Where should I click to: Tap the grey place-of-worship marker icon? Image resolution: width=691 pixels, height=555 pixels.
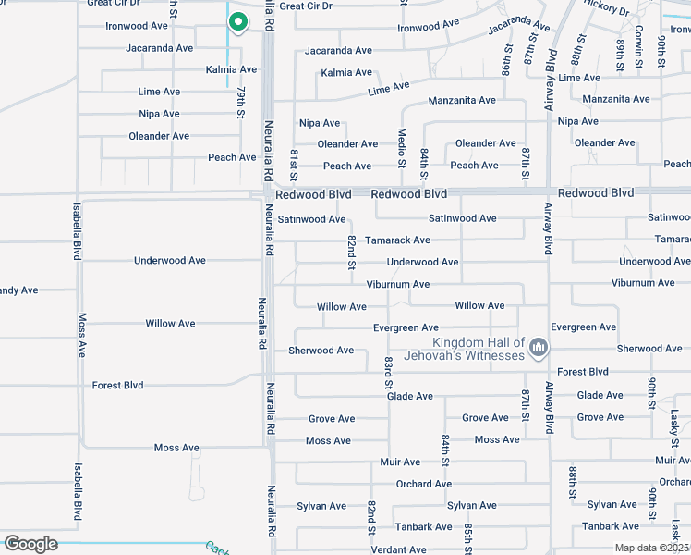coord(539,349)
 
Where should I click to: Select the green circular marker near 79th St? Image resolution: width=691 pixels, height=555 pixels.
coord(237,21)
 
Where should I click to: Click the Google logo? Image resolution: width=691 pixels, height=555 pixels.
coord(30,544)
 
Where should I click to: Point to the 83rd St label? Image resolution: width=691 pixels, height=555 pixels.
coord(389,370)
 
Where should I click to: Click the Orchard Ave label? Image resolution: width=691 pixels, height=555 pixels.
coord(423,484)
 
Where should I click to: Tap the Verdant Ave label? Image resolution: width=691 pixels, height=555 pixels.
coord(398,549)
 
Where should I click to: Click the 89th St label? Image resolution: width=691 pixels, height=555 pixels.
coord(618,53)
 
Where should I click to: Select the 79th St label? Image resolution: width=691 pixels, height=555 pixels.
coord(240,102)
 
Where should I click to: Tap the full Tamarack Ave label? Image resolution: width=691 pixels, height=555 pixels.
coord(397,240)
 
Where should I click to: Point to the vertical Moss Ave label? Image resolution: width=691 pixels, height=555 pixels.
coord(82,335)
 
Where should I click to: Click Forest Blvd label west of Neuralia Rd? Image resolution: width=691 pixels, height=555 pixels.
coord(117,386)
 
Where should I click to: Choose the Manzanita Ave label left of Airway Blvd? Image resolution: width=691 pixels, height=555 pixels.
coord(462,100)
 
